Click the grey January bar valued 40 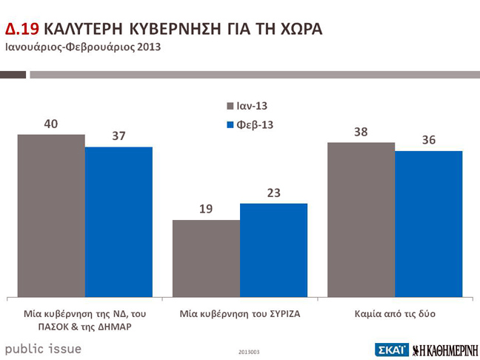coord(51,215)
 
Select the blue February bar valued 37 coord(119,221)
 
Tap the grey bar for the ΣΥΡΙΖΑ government coord(206,258)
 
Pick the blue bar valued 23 coord(273,249)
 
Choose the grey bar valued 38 coord(361,219)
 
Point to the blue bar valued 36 coord(428,223)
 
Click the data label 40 coord(51,124)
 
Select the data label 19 coord(206,209)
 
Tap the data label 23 coord(273,192)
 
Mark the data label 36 coord(428,140)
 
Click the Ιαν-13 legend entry coord(250,106)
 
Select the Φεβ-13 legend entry coord(250,124)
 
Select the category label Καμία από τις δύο coord(394,314)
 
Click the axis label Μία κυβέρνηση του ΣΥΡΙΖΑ coord(239,314)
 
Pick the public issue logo coord(44,347)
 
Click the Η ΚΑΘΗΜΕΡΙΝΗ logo coord(443,348)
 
